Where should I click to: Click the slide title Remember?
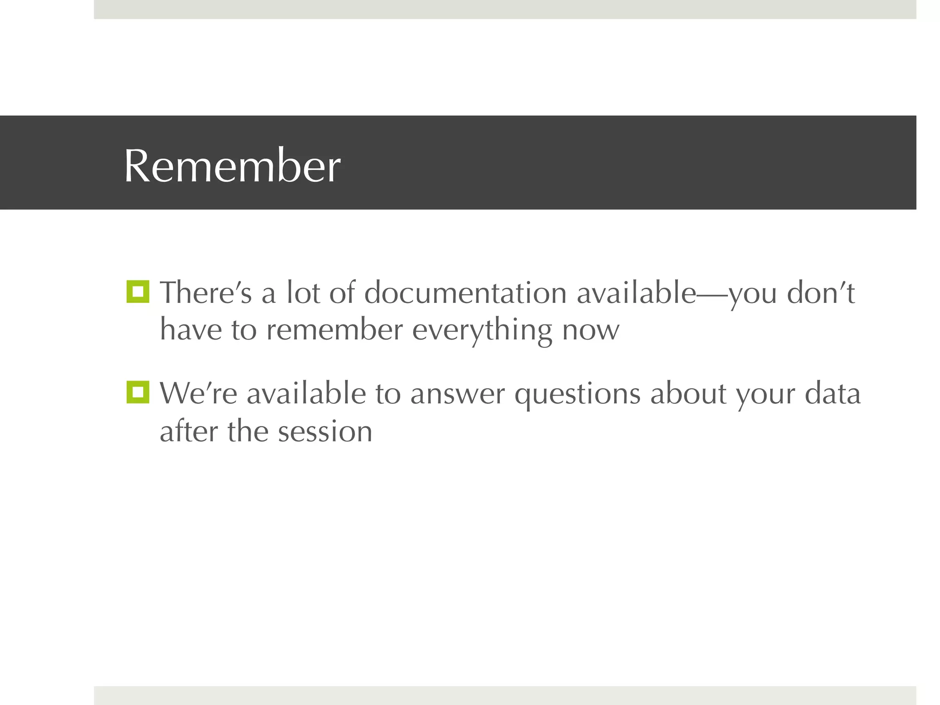pyautogui.click(x=232, y=166)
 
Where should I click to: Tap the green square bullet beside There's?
pyautogui.click(x=138, y=292)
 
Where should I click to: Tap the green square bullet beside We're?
pyautogui.click(x=138, y=392)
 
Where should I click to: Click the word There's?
pyautogui.click(x=206, y=293)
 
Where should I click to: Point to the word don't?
pyautogui.click(x=821, y=293)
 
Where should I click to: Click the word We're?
pyautogui.click(x=198, y=394)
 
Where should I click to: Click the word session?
pyautogui.click(x=325, y=432)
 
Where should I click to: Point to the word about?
pyautogui.click(x=688, y=394)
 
